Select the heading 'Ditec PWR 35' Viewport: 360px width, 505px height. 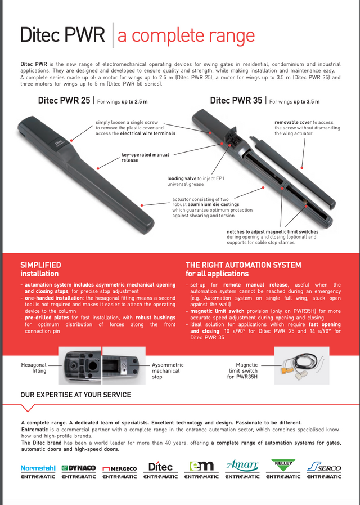pos(236,101)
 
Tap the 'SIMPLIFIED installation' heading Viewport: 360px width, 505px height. pos(41,269)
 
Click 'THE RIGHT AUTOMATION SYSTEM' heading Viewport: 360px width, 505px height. pos(243,265)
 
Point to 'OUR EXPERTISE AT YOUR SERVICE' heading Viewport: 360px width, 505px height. pos(75,395)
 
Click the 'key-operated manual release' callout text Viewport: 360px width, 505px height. pos(145,157)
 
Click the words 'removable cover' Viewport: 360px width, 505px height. pos(293,122)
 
